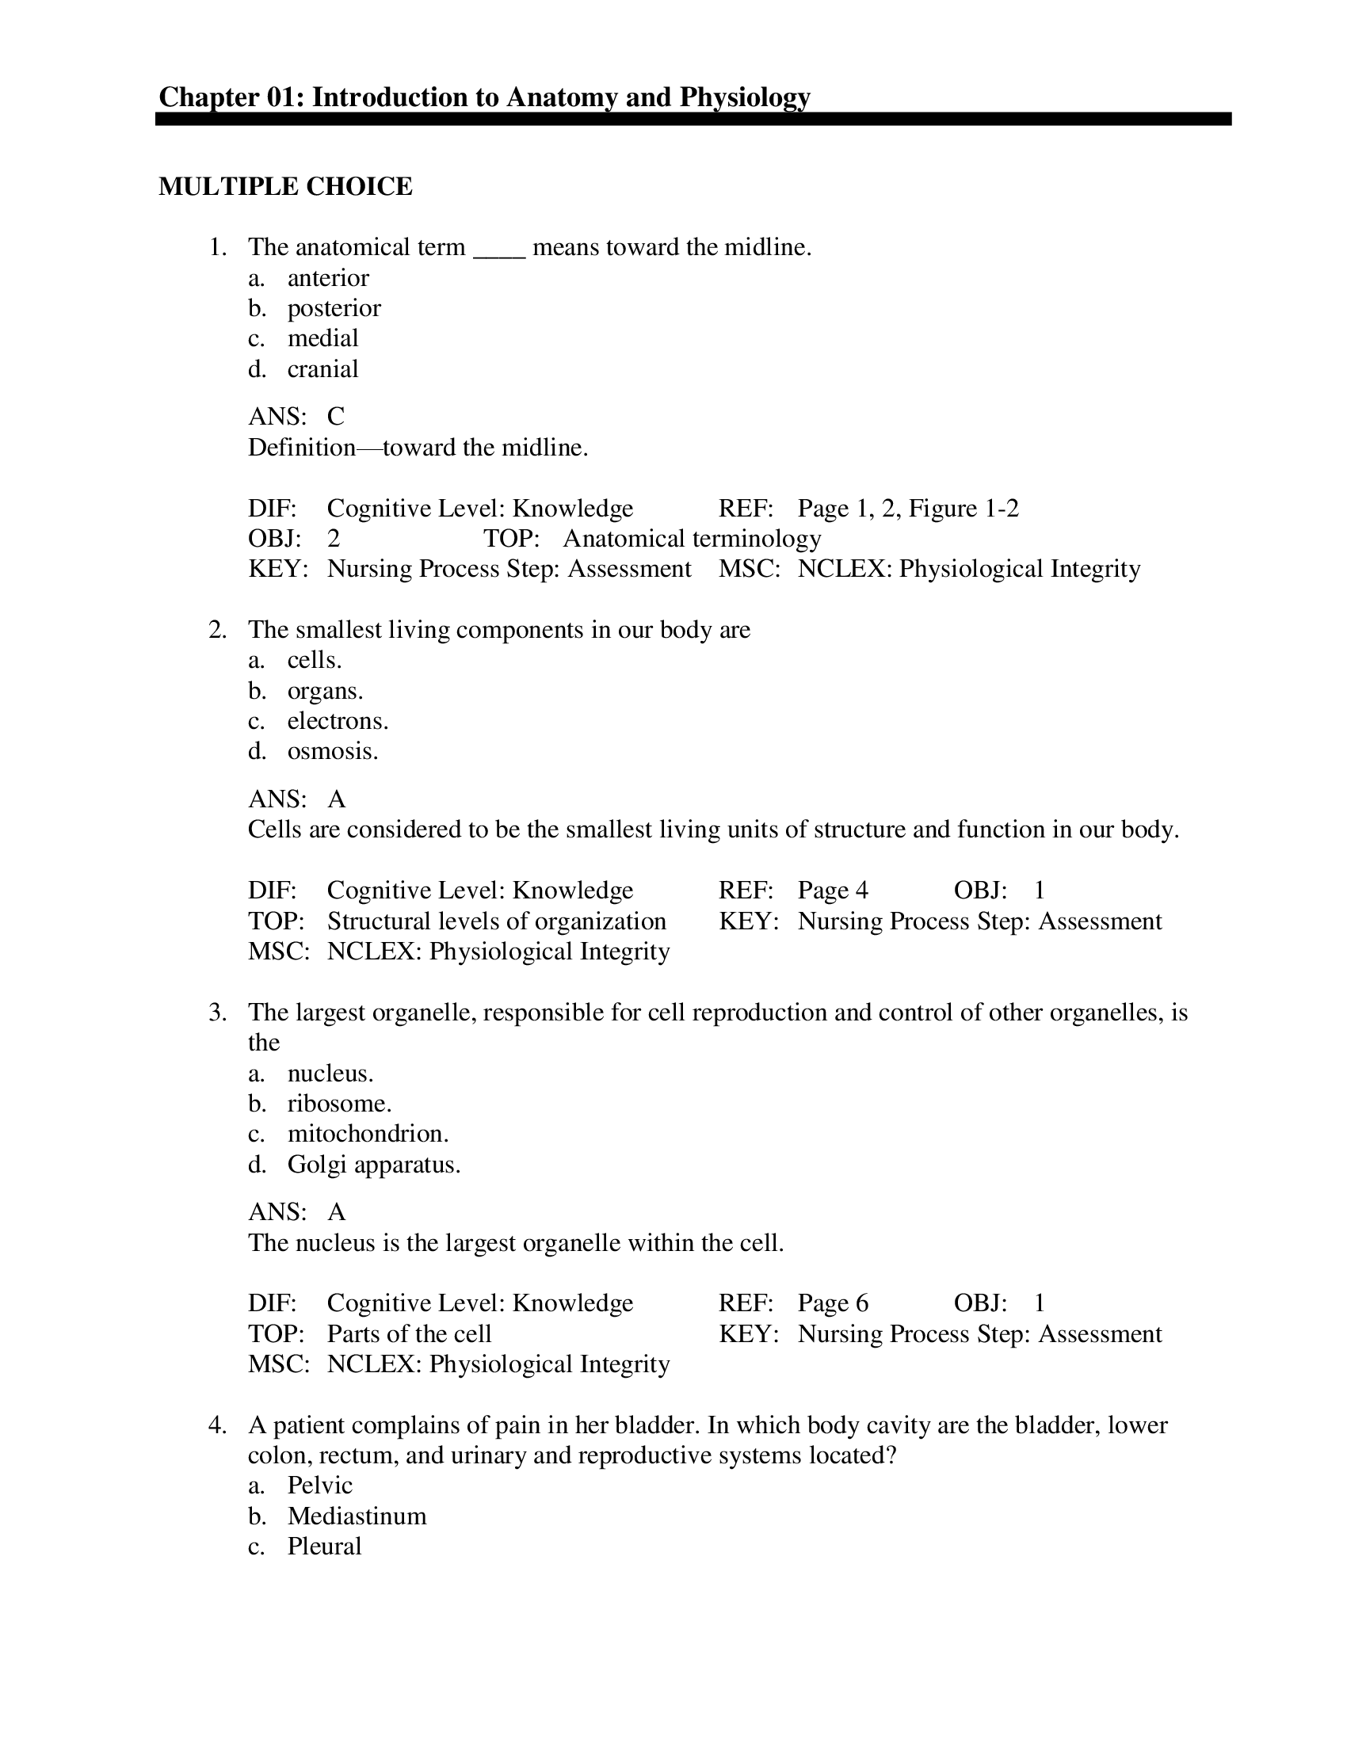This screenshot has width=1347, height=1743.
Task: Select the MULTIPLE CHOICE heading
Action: (285, 187)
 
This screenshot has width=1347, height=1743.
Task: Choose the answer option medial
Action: (322, 338)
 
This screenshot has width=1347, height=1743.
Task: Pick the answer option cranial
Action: (322, 368)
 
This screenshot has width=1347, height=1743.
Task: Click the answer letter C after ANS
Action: (335, 416)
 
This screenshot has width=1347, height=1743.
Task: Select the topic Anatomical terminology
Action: (691, 539)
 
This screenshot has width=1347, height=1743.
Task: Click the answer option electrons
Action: (338, 722)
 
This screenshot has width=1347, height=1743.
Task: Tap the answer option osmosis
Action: (333, 752)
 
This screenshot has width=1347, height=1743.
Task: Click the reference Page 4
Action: (832, 891)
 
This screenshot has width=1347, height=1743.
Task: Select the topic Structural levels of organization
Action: (495, 921)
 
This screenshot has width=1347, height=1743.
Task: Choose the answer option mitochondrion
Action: (368, 1134)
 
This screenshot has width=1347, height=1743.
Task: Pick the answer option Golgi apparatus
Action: (373, 1165)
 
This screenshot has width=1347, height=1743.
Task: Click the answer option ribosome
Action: (339, 1104)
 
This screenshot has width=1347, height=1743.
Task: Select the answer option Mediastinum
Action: (357, 1516)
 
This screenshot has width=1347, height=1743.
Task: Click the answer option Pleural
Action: (324, 1547)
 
